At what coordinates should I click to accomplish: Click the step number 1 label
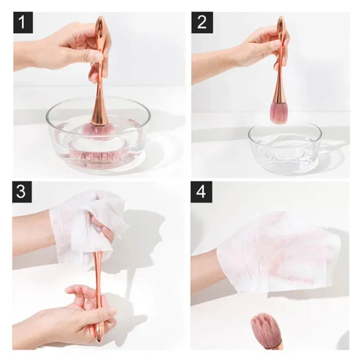23,22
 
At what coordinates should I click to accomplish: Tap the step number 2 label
202,22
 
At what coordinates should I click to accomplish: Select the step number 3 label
22,191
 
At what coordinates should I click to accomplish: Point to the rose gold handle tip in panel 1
100,22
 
